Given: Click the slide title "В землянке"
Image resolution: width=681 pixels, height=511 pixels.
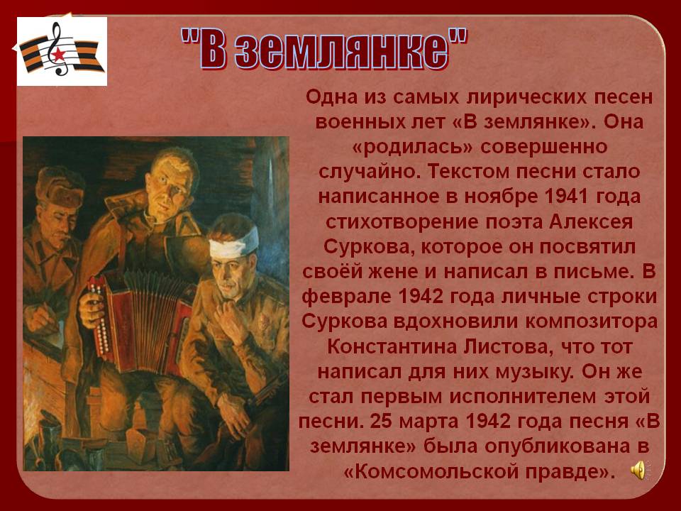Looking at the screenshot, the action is tap(324, 49).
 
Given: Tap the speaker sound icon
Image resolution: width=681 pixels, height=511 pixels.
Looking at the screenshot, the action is tap(638, 471).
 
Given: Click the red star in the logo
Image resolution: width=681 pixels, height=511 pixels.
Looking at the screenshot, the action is tap(59, 55).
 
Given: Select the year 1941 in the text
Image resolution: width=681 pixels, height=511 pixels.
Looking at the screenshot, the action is tap(565, 197).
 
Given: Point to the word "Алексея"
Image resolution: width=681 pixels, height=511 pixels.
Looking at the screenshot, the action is tap(591, 222).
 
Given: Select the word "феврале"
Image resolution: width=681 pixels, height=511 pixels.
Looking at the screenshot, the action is tap(346, 297).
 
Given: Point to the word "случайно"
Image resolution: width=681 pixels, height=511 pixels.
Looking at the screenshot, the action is tap(369, 172).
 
